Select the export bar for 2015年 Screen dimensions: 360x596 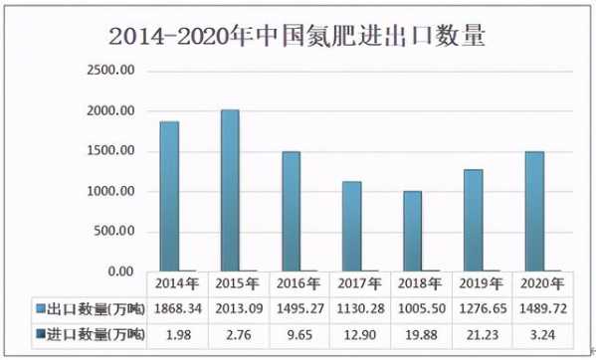click(x=229, y=190)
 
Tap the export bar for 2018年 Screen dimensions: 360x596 click(x=412, y=231)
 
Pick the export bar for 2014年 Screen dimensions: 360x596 click(x=169, y=196)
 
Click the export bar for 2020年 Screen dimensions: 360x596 click(x=533, y=211)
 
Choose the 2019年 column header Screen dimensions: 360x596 click(x=478, y=284)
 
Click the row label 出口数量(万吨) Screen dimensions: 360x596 click(x=90, y=308)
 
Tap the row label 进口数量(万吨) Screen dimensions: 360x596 click(x=90, y=333)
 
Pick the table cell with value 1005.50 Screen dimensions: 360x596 click(x=417, y=308)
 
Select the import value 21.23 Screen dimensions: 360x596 click(x=478, y=333)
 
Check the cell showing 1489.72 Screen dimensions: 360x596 click(x=538, y=308)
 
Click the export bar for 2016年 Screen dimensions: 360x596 click(x=291, y=211)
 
